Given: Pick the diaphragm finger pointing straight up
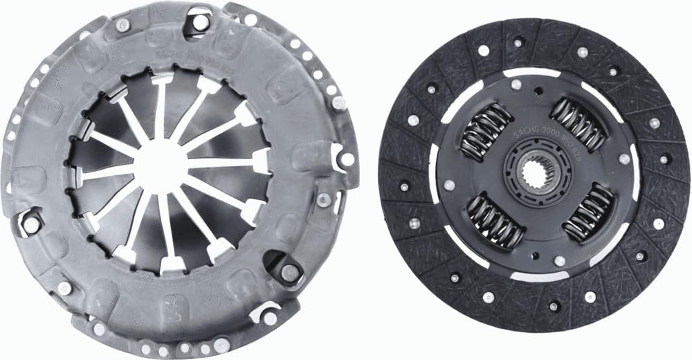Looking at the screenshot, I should (x=161, y=104).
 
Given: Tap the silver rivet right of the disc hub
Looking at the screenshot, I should (x=624, y=159).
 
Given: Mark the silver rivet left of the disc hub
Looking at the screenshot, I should (x=449, y=185).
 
